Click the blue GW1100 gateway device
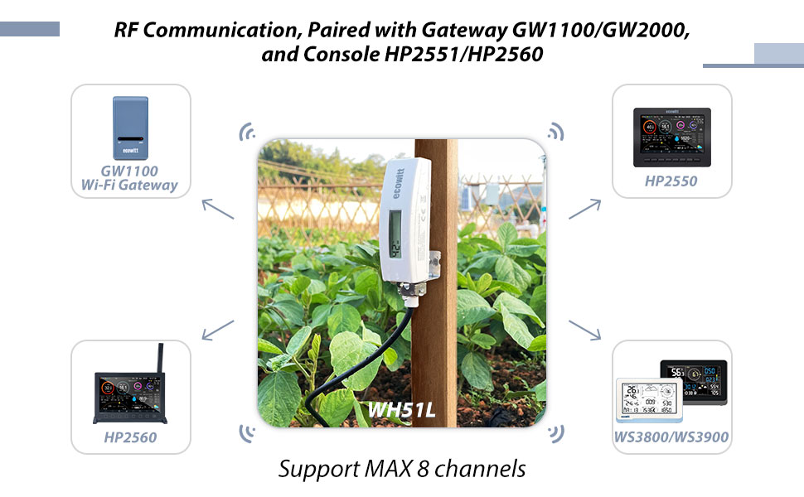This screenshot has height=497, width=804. tap(130, 128)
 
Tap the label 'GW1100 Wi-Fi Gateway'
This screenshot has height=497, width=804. tap(130, 178)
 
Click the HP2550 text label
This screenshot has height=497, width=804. tap(671, 181)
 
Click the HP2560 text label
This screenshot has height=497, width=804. tap(130, 437)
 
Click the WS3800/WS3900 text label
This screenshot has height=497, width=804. tap(672, 437)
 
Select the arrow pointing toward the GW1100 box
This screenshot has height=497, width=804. tap(217, 208)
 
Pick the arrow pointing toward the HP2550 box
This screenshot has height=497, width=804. tap(584, 208)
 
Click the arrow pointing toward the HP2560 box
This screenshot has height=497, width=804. tap(217, 330)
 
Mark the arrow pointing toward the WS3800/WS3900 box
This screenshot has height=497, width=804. tap(584, 329)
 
